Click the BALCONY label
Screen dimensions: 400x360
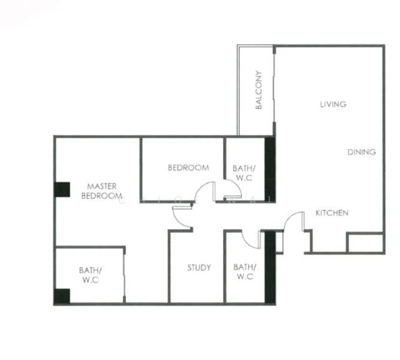[258, 90]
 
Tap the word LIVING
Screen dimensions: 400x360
[333, 104]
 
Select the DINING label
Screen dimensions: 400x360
[362, 152]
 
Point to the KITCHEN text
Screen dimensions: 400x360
[332, 213]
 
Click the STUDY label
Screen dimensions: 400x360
[199, 268]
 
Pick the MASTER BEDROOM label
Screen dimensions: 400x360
[102, 191]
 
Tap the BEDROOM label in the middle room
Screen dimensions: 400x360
[188, 168]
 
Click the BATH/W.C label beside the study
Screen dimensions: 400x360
[245, 272]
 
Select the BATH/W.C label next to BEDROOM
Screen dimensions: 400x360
[244, 173]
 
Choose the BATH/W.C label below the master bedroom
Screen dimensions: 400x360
[91, 275]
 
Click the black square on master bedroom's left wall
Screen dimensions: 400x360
[62, 190]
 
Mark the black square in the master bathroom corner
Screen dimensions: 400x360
[62, 296]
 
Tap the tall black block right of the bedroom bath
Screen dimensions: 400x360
[270, 170]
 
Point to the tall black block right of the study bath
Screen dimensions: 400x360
[270, 268]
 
